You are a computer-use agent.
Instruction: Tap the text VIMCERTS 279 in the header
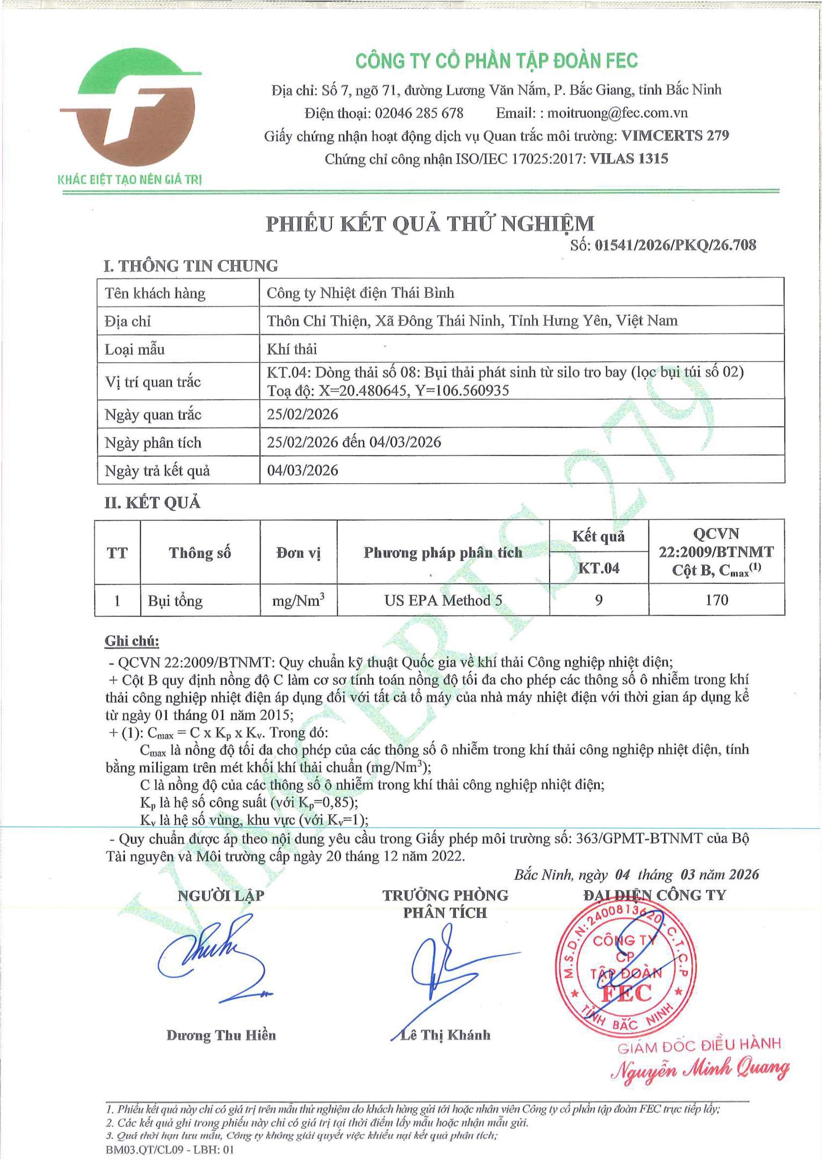point(675,136)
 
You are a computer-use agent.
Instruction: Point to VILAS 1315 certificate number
point(629,159)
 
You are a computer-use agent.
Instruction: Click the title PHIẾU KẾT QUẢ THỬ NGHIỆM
point(430,224)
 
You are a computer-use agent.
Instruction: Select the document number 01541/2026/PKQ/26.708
point(676,246)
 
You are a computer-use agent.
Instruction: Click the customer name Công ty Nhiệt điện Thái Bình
point(360,293)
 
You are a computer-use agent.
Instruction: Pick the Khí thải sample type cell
point(292,349)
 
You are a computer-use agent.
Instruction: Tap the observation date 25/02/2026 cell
point(303,414)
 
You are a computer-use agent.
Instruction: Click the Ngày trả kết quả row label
point(157,471)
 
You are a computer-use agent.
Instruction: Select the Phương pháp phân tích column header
point(443,553)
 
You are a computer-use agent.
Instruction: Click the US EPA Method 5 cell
point(443,600)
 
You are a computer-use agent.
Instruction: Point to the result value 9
point(599,600)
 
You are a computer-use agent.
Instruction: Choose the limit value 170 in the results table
point(716,600)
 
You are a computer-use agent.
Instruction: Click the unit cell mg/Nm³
point(298,600)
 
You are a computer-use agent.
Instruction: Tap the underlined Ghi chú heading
point(132,641)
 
